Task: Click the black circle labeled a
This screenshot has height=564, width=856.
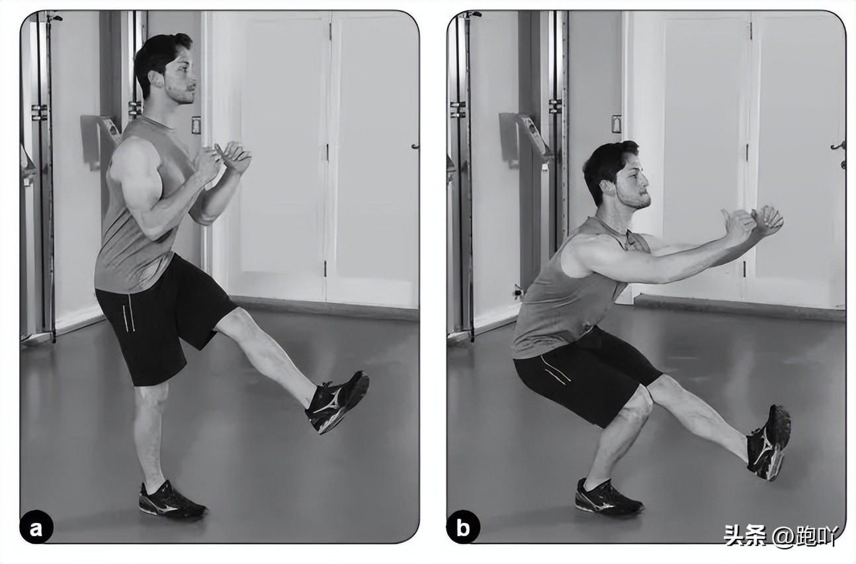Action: tap(36, 529)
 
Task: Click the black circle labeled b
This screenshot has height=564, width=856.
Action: tap(463, 529)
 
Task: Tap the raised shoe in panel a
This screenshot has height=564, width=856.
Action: tap(337, 402)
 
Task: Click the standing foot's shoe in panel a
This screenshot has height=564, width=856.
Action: tap(171, 500)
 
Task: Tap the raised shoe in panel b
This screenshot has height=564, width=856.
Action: tap(769, 443)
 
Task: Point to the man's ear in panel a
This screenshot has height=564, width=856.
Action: tap(156, 79)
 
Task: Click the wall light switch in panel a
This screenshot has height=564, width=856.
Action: tap(196, 125)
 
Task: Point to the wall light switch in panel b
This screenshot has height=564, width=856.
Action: tap(616, 124)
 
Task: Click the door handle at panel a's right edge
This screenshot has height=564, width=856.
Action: tap(415, 146)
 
